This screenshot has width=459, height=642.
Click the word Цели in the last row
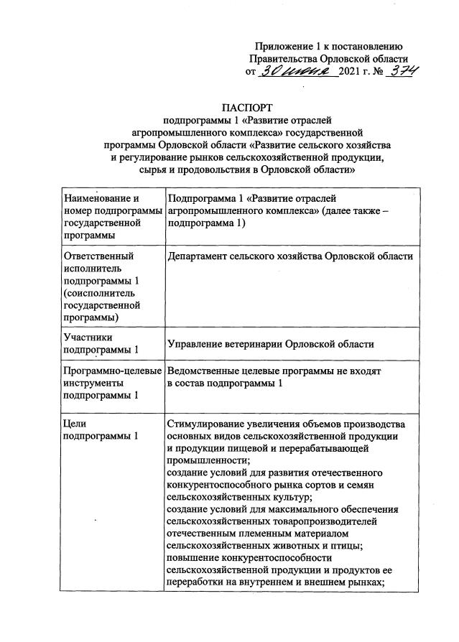tap(75, 423)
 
